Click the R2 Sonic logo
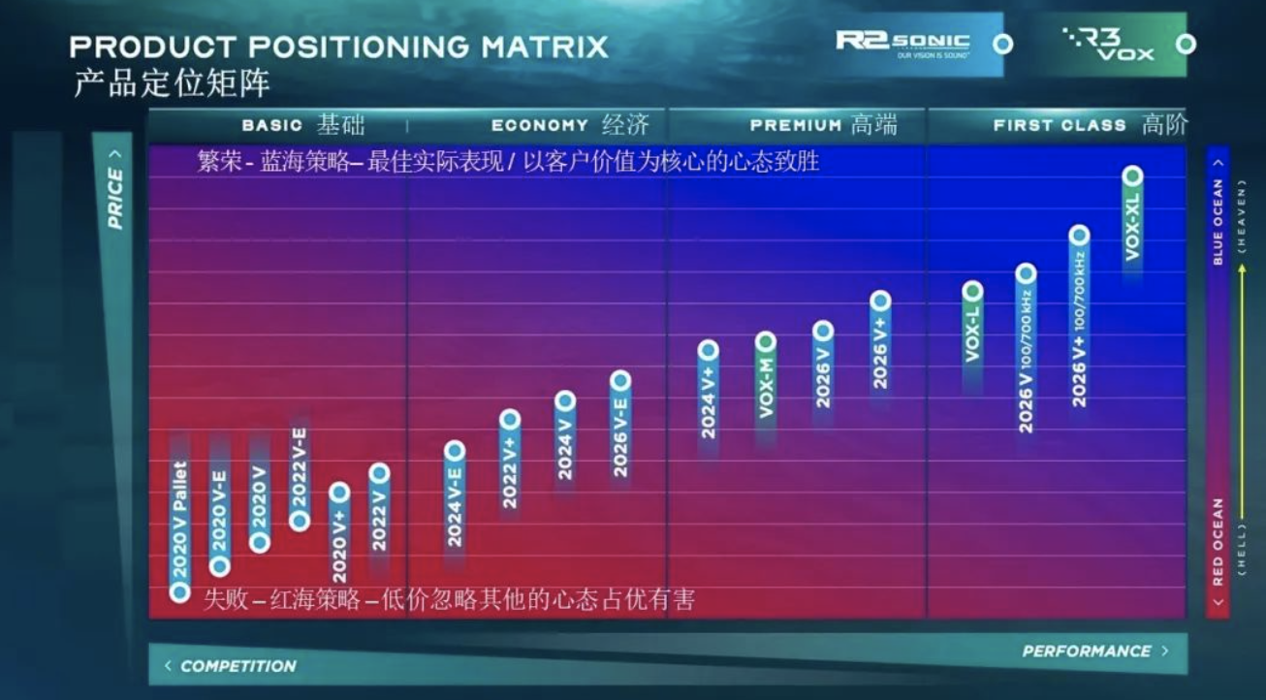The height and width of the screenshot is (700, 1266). pyautogui.click(x=902, y=43)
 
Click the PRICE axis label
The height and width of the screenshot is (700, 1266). pyautogui.click(x=115, y=197)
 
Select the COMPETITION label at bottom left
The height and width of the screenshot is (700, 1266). pyautogui.click(x=237, y=666)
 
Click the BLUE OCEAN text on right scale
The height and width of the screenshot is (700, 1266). pyautogui.click(x=1218, y=221)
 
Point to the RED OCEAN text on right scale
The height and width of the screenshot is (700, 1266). pyautogui.click(x=1218, y=542)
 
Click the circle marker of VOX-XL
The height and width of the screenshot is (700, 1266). pyautogui.click(x=1132, y=175)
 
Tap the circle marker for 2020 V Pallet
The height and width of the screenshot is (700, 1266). pyautogui.click(x=179, y=592)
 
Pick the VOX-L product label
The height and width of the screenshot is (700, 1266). pyautogui.click(x=972, y=334)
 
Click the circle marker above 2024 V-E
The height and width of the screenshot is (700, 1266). pyautogui.click(x=455, y=451)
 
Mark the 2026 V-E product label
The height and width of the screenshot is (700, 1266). pyautogui.click(x=620, y=435)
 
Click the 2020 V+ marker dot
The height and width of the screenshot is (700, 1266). pyautogui.click(x=339, y=493)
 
